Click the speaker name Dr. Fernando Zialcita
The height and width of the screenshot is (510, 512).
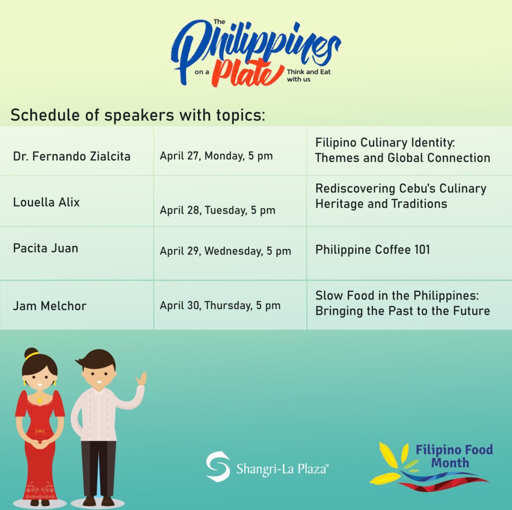(x=71, y=156)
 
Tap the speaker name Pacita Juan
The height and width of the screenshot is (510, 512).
(x=45, y=248)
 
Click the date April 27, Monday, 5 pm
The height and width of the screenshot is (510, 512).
(x=216, y=155)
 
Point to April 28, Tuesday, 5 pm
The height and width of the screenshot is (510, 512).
(x=217, y=210)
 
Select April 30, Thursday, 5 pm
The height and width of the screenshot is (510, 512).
(x=220, y=305)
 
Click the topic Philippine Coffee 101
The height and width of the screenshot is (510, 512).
(x=372, y=250)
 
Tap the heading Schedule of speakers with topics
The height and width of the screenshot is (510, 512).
(x=138, y=115)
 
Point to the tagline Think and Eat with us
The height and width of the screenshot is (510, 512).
(x=308, y=75)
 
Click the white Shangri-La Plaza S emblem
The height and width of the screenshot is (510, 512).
(x=218, y=466)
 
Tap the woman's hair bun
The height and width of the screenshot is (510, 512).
(x=31, y=353)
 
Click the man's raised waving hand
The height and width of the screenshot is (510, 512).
(x=141, y=378)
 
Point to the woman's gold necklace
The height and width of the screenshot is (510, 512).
(x=40, y=397)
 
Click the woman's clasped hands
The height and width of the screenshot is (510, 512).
(x=39, y=443)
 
